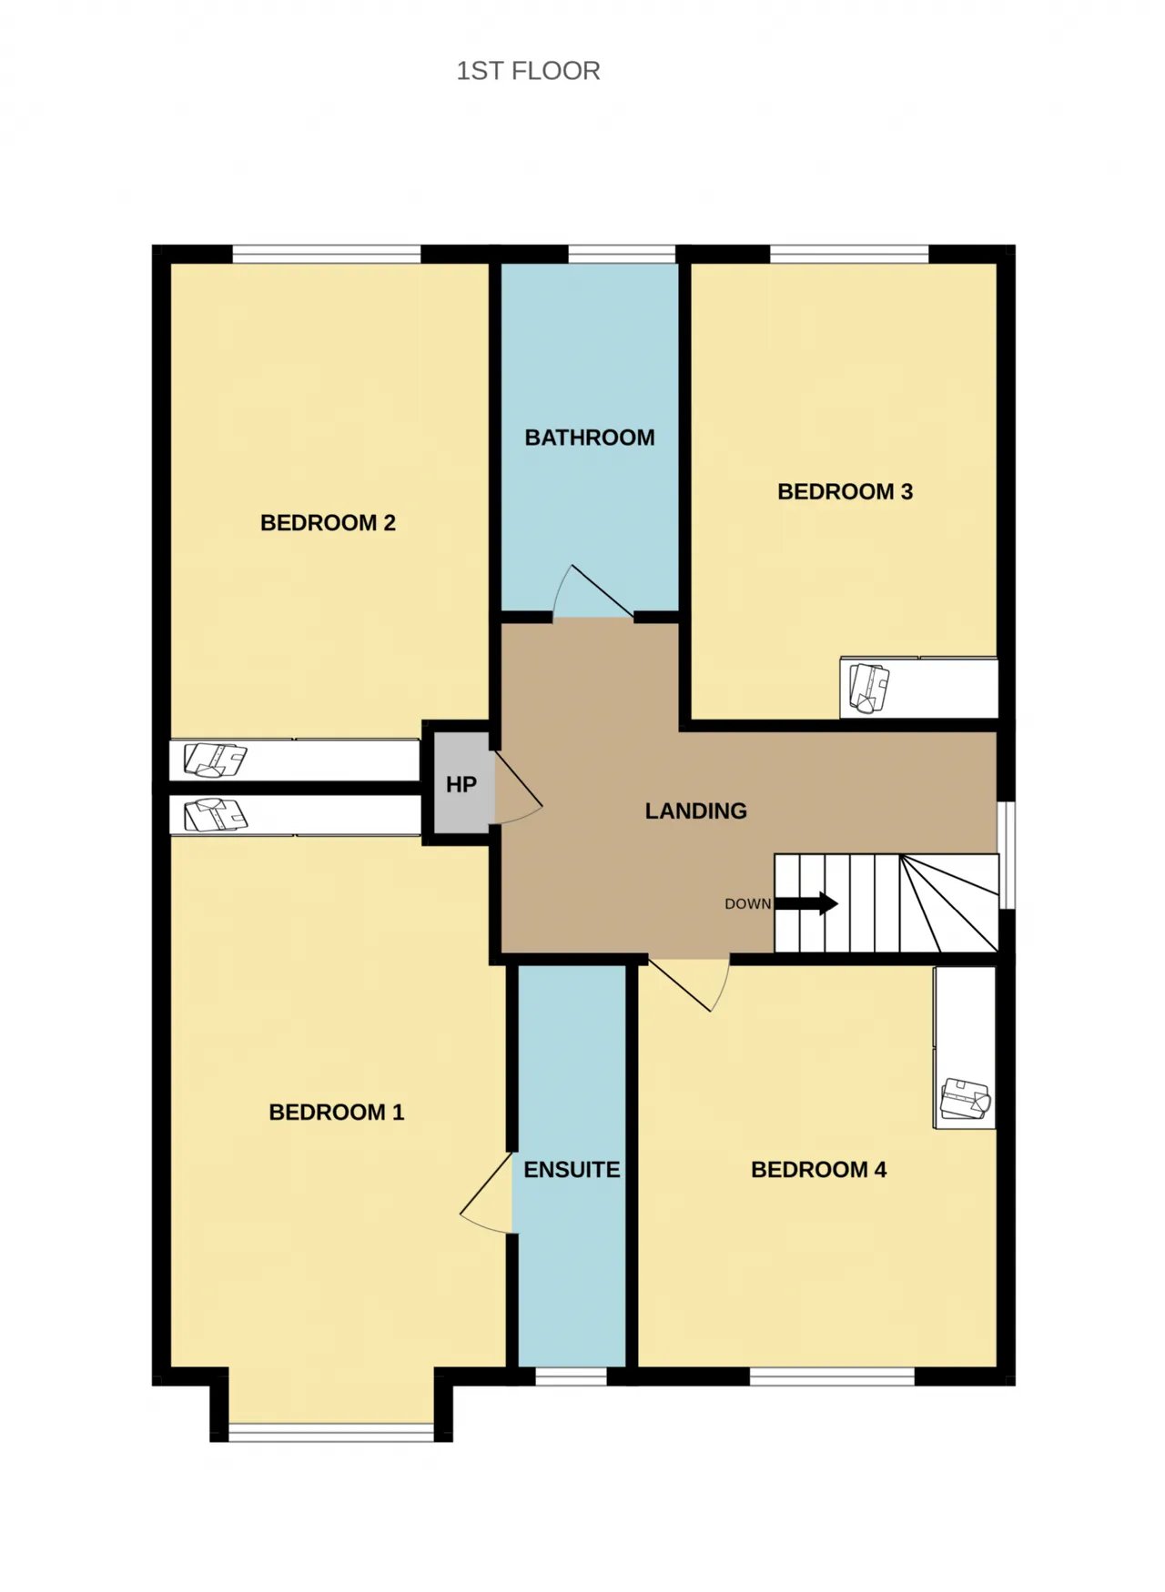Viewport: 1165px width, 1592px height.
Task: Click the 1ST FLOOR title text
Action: pyautogui.click(x=528, y=71)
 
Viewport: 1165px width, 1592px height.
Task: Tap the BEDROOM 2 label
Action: pyautogui.click(x=328, y=523)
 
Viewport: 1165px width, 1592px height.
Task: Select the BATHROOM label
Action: pyautogui.click(x=590, y=438)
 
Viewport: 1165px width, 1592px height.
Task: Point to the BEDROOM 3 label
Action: pyautogui.click(x=845, y=492)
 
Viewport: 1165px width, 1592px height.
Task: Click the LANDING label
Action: pyautogui.click(x=696, y=811)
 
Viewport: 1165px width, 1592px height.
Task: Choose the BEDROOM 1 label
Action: pyautogui.click(x=336, y=1113)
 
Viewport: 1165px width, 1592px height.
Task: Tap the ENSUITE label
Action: pyautogui.click(x=572, y=1170)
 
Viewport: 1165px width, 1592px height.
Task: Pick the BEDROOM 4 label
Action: pyautogui.click(x=818, y=1170)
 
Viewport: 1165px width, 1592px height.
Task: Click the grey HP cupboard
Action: pyautogui.click(x=462, y=784)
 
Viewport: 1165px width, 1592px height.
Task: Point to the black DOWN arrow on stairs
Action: pyautogui.click(x=806, y=903)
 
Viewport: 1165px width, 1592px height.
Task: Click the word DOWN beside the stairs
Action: pyautogui.click(x=747, y=904)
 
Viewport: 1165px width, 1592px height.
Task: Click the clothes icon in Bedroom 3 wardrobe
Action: pyautogui.click(x=868, y=688)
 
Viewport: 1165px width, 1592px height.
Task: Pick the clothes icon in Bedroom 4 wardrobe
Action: pyautogui.click(x=965, y=1099)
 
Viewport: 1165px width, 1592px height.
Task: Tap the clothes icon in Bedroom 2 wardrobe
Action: pyautogui.click(x=215, y=761)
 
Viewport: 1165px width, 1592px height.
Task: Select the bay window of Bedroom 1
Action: pyautogui.click(x=331, y=1432)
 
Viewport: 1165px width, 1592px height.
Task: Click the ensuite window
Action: pyautogui.click(x=571, y=1376)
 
